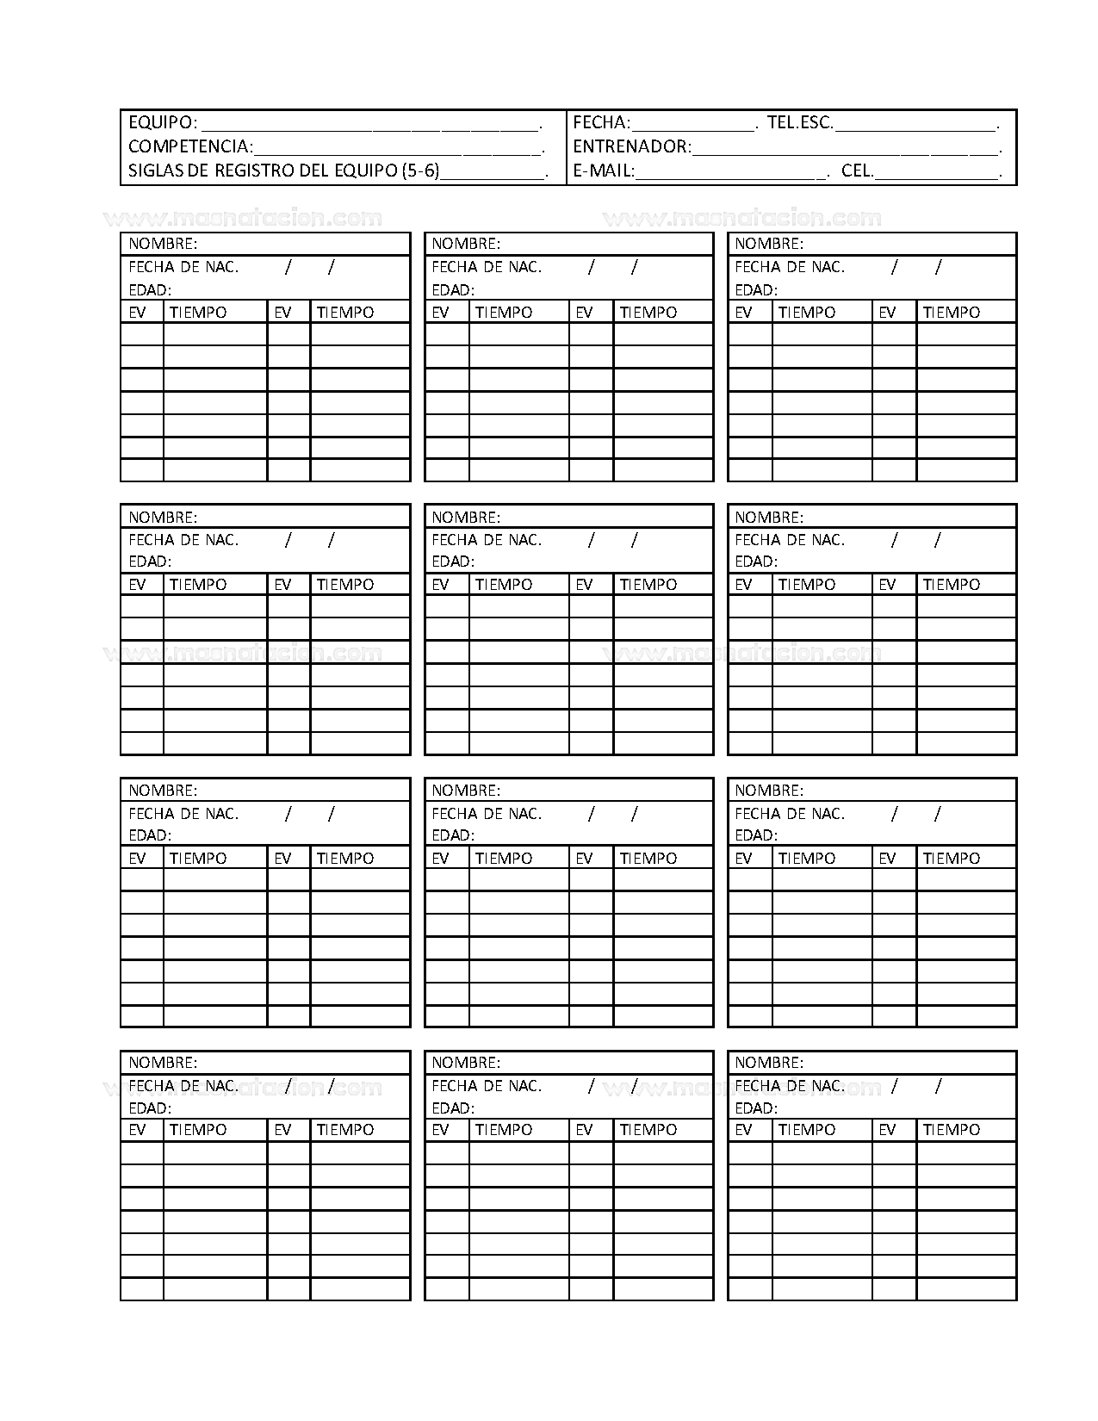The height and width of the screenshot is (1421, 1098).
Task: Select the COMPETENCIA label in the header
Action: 190,146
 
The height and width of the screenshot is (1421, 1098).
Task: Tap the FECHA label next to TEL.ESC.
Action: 601,122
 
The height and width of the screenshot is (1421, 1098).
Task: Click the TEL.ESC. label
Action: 800,122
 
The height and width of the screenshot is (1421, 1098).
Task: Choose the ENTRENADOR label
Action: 631,146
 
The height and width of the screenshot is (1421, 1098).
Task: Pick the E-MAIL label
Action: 604,171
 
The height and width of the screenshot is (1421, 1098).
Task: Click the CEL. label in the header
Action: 858,171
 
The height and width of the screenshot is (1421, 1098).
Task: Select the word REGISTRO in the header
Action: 254,171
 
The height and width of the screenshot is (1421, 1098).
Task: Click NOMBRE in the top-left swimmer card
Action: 163,244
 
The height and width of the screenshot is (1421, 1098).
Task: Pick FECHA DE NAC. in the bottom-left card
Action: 183,1086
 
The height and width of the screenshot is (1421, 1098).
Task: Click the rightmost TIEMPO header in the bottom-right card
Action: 951,1130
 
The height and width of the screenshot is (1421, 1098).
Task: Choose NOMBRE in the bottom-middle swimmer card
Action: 466,1063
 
